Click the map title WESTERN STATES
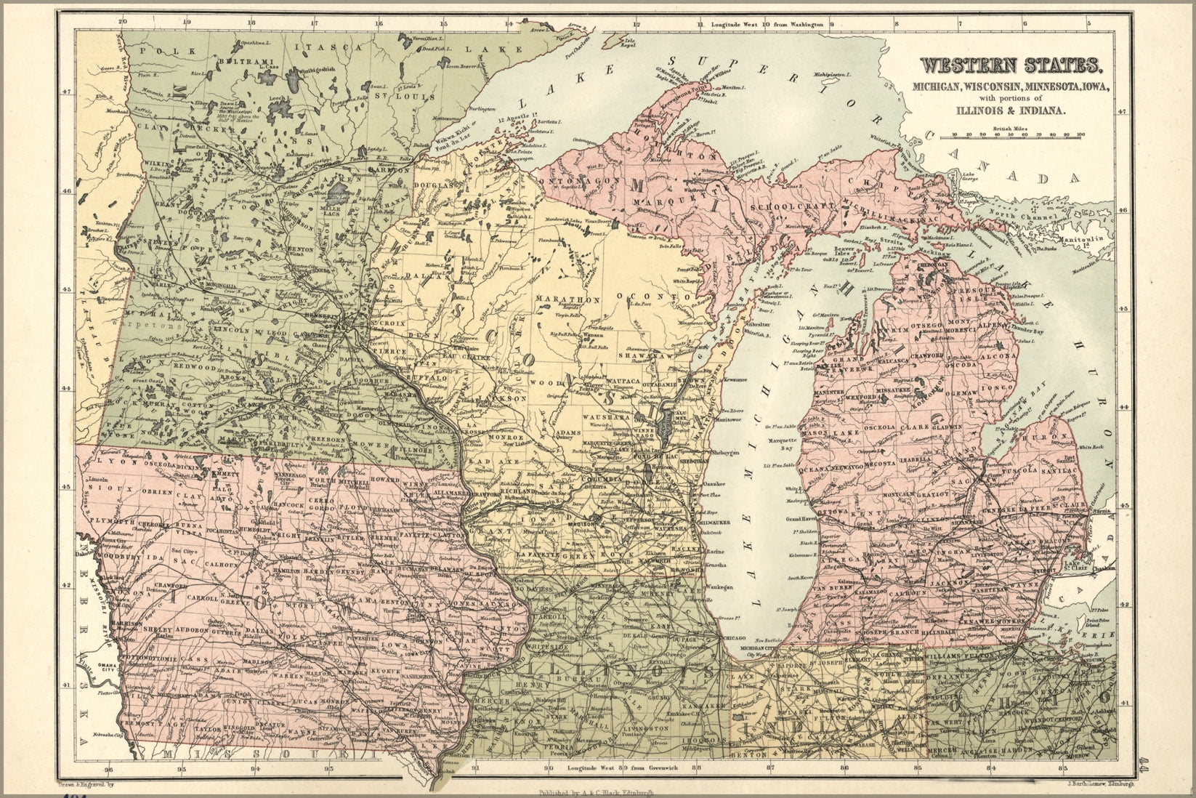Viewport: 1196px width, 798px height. point(1011,66)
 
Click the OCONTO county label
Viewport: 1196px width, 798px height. point(652,297)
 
